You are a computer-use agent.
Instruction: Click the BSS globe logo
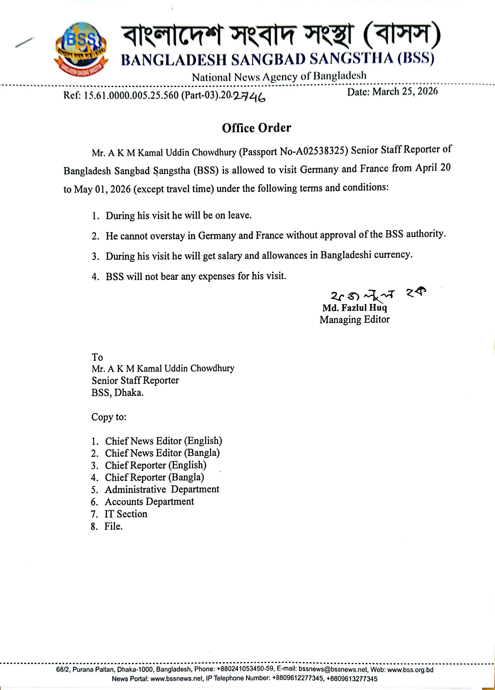tap(81, 49)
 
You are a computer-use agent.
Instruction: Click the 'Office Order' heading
tap(256, 128)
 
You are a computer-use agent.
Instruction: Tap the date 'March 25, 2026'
tap(405, 91)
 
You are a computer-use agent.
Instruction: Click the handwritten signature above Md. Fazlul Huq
tap(377, 295)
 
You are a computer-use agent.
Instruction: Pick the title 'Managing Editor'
tap(354, 319)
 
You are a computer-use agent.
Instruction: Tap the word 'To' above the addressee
tap(97, 357)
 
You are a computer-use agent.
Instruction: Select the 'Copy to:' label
tap(109, 417)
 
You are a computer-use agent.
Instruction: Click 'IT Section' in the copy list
tap(126, 514)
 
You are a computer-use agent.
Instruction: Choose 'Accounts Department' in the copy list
tap(149, 501)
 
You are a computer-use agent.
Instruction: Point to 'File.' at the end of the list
tap(113, 526)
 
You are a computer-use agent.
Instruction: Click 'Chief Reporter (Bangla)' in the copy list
tap(154, 477)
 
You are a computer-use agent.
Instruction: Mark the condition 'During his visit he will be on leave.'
tap(179, 216)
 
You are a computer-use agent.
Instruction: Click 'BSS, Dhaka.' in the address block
tap(117, 393)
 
